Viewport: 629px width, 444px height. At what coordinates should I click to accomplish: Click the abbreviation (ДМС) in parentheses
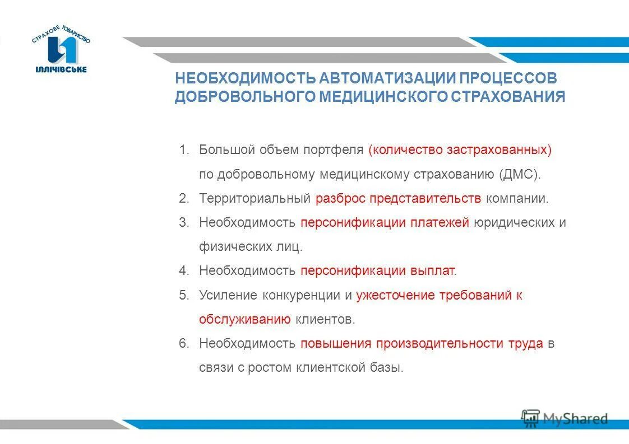click(x=520, y=174)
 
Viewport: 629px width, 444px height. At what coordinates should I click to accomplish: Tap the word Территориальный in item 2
click(x=255, y=198)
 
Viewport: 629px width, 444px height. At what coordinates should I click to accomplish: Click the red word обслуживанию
click(x=244, y=320)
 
